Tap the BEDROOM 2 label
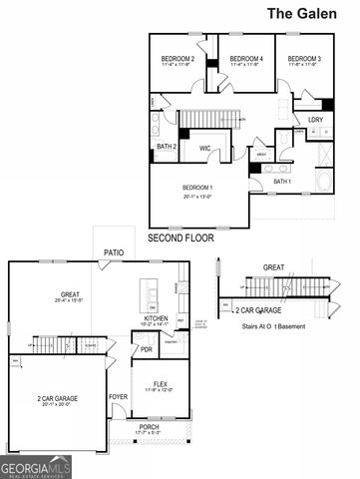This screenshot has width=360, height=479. (178, 60)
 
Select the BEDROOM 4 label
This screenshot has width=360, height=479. (246, 60)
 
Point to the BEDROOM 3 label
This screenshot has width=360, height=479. (304, 60)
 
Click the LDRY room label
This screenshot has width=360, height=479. (314, 120)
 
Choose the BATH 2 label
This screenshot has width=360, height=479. (168, 148)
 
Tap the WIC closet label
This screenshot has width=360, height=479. (204, 148)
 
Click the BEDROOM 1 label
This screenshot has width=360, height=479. (199, 188)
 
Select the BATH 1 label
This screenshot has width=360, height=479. (282, 182)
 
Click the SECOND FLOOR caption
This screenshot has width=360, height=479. (182, 239)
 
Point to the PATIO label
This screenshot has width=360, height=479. (114, 253)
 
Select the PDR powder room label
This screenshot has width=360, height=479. (146, 350)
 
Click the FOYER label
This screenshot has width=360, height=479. (119, 395)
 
